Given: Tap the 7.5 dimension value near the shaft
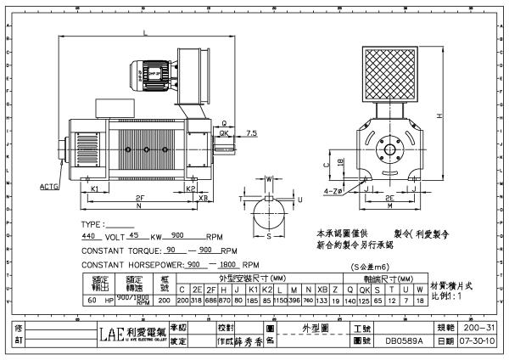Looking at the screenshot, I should [252, 133].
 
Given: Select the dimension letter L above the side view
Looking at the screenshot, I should [147, 34].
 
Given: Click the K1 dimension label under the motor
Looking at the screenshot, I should [96, 188].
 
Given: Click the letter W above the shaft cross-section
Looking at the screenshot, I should [270, 178].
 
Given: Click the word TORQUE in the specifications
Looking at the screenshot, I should [141, 251].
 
